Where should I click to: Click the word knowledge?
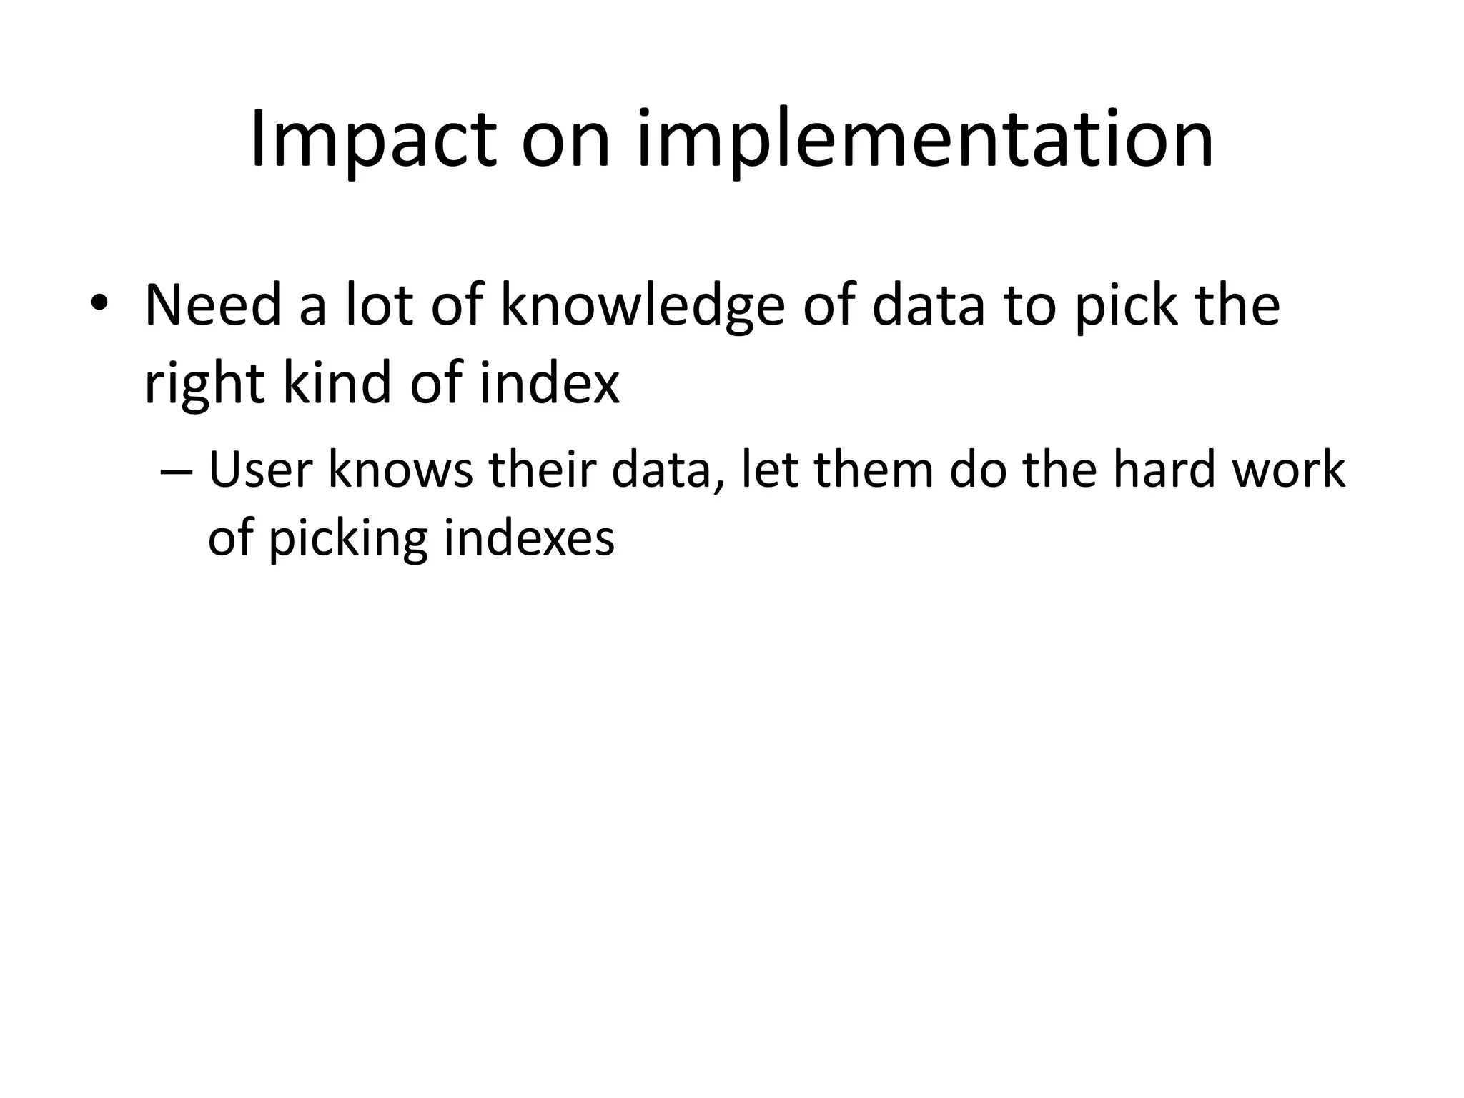point(642,306)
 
